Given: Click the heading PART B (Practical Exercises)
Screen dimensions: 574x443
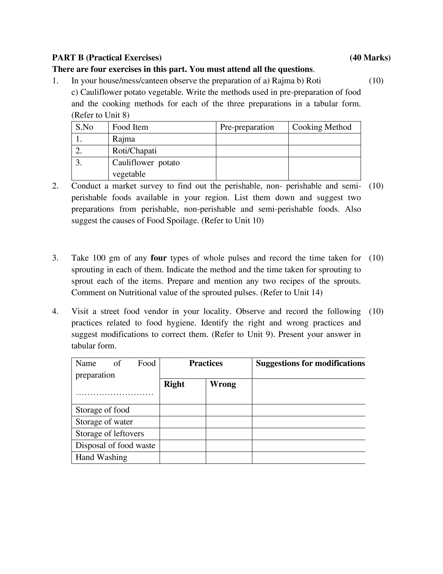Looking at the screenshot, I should tap(107, 58).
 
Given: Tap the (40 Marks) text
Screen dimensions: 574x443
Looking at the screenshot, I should tap(370, 58).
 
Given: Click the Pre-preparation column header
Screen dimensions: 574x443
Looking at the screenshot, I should tap(247, 127).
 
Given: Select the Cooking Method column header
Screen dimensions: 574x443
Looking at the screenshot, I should tap(322, 127).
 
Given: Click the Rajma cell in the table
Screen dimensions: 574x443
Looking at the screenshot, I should tap(124, 139).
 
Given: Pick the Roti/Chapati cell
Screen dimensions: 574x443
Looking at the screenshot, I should tap(134, 151).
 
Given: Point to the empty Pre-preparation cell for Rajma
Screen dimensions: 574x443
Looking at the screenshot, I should tap(252, 139).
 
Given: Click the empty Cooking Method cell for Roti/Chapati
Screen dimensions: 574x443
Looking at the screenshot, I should tap(324, 151).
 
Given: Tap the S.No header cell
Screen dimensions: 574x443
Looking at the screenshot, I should tap(84, 127).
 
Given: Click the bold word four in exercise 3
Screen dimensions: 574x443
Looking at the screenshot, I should tap(158, 258).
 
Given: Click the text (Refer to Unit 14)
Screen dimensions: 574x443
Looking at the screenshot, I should tap(291, 293).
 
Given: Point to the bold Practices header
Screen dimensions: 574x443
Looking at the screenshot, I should tap(206, 363).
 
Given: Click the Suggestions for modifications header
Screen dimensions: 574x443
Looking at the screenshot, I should tap(310, 363).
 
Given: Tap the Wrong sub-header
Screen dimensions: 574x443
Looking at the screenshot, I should tap(223, 384).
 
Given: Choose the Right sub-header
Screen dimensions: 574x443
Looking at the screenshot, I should tap(174, 384).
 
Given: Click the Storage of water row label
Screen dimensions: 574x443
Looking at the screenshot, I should tap(104, 422).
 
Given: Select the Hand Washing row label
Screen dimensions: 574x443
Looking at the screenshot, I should tap(101, 457).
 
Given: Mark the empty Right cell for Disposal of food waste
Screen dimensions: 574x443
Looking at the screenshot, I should tap(183, 445).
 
